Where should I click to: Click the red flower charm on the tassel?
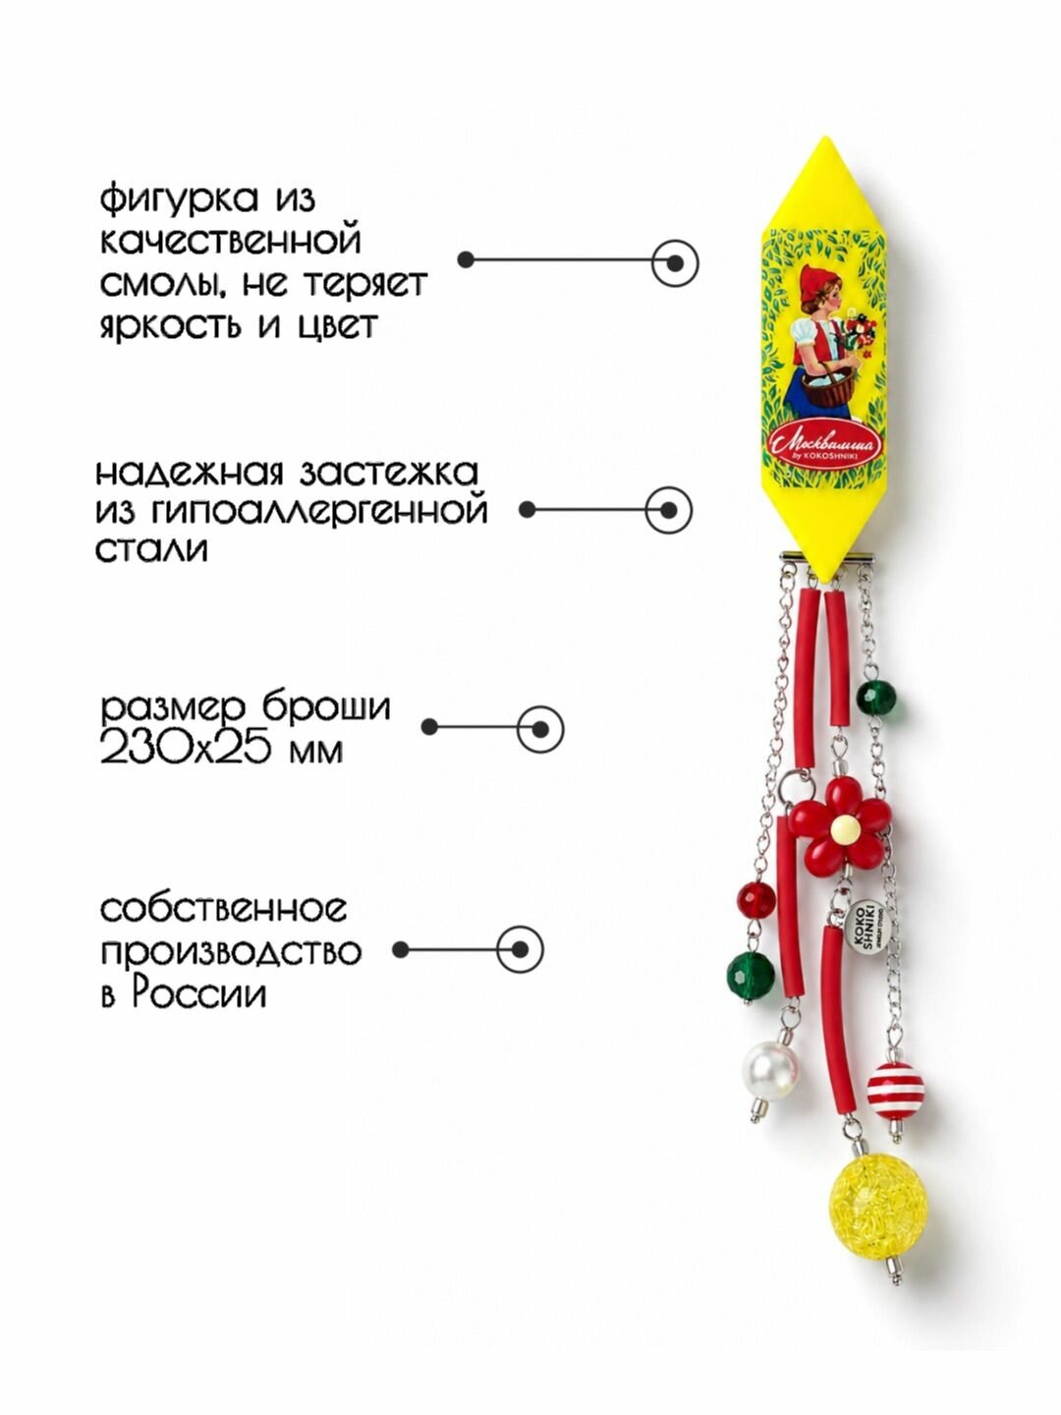click(839, 826)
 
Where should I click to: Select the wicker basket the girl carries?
click(829, 385)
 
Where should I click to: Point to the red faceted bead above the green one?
click(756, 900)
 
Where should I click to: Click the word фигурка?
click(180, 200)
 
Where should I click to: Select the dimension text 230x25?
click(194, 752)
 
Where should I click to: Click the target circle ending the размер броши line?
click(540, 729)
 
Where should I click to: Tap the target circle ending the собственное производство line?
click(520, 949)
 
